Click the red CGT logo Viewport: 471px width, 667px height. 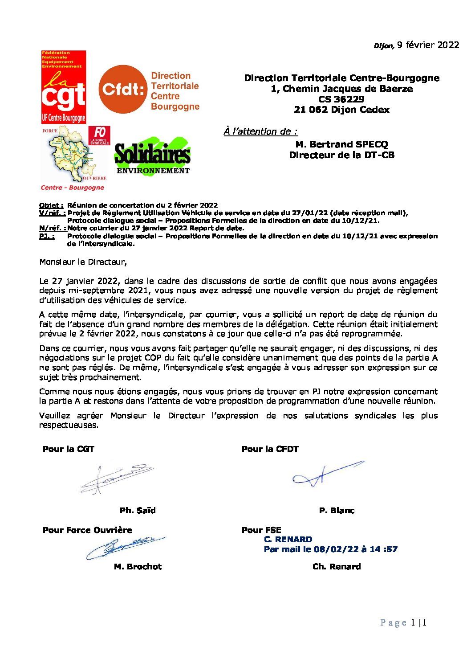coord(63,87)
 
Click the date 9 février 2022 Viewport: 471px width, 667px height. coord(428,45)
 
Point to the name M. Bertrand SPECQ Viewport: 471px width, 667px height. coord(341,144)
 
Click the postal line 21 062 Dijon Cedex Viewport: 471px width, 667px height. coord(341,110)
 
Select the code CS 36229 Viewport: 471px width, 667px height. coord(341,99)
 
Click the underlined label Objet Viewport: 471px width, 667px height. coord(51,205)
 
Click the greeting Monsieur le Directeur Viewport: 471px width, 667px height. coord(83,262)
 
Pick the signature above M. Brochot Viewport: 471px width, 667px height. coord(125,547)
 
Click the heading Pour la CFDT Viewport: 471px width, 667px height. coord(270,449)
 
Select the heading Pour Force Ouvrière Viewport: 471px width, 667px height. coord(87,530)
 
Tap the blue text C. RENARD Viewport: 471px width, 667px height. coord(288,540)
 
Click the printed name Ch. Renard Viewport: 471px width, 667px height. coord(337,567)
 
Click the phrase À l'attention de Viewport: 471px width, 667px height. coord(260,131)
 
